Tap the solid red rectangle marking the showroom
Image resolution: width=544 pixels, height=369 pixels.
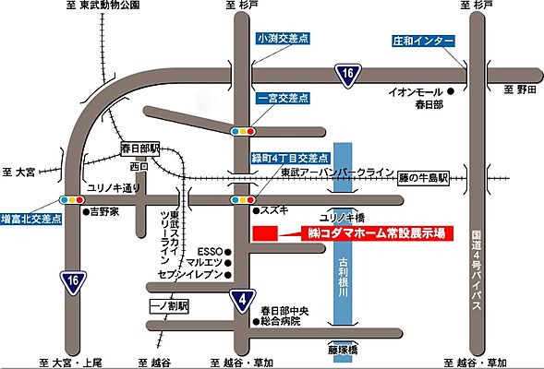[x=263, y=233]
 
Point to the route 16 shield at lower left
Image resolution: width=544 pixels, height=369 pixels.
[x=71, y=280]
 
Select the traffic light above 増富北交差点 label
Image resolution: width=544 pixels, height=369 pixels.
[x=67, y=198]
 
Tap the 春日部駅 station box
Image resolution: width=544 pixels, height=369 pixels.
[x=140, y=148]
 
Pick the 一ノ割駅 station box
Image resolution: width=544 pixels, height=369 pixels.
[x=169, y=304]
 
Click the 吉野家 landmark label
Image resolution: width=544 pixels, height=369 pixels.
[x=104, y=211]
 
